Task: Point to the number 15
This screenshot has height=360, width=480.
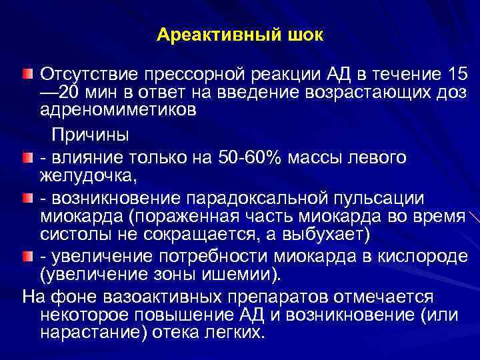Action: (457, 72)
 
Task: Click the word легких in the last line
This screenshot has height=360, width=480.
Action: (232, 331)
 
